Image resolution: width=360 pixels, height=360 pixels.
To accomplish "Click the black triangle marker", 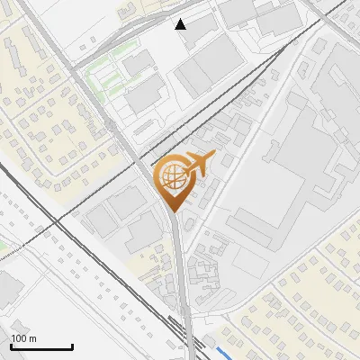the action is (181, 24).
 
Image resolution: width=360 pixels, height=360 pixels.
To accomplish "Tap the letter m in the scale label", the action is (32, 338).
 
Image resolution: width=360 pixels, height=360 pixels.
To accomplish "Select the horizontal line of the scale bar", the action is (41, 346).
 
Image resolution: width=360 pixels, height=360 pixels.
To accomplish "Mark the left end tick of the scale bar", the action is (11, 345).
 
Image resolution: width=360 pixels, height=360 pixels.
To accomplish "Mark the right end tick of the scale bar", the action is (72, 345).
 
